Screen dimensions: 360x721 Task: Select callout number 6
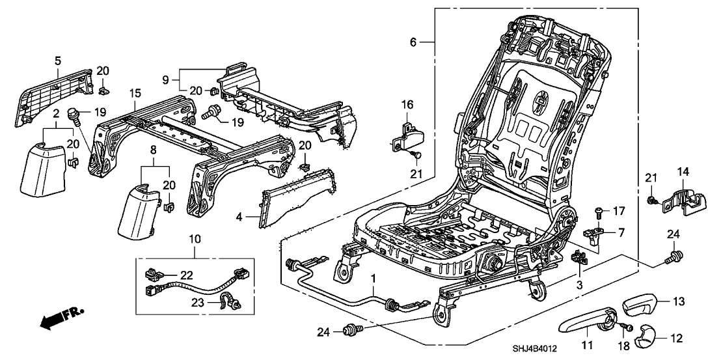413,42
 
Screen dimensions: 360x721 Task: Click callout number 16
407,104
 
